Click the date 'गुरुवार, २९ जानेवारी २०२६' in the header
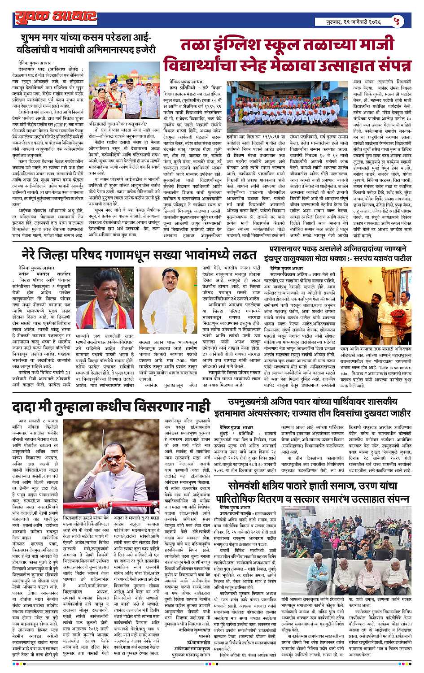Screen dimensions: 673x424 353,22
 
